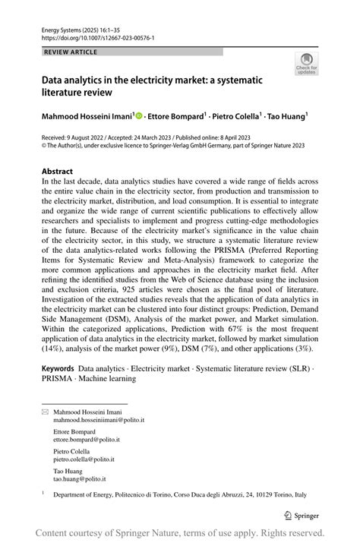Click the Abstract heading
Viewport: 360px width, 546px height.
click(58, 172)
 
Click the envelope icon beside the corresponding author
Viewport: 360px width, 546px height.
click(45, 411)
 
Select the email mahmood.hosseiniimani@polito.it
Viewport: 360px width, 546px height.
click(99, 419)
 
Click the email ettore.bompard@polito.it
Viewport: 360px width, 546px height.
click(87, 439)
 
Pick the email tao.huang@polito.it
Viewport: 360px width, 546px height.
click(79, 479)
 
